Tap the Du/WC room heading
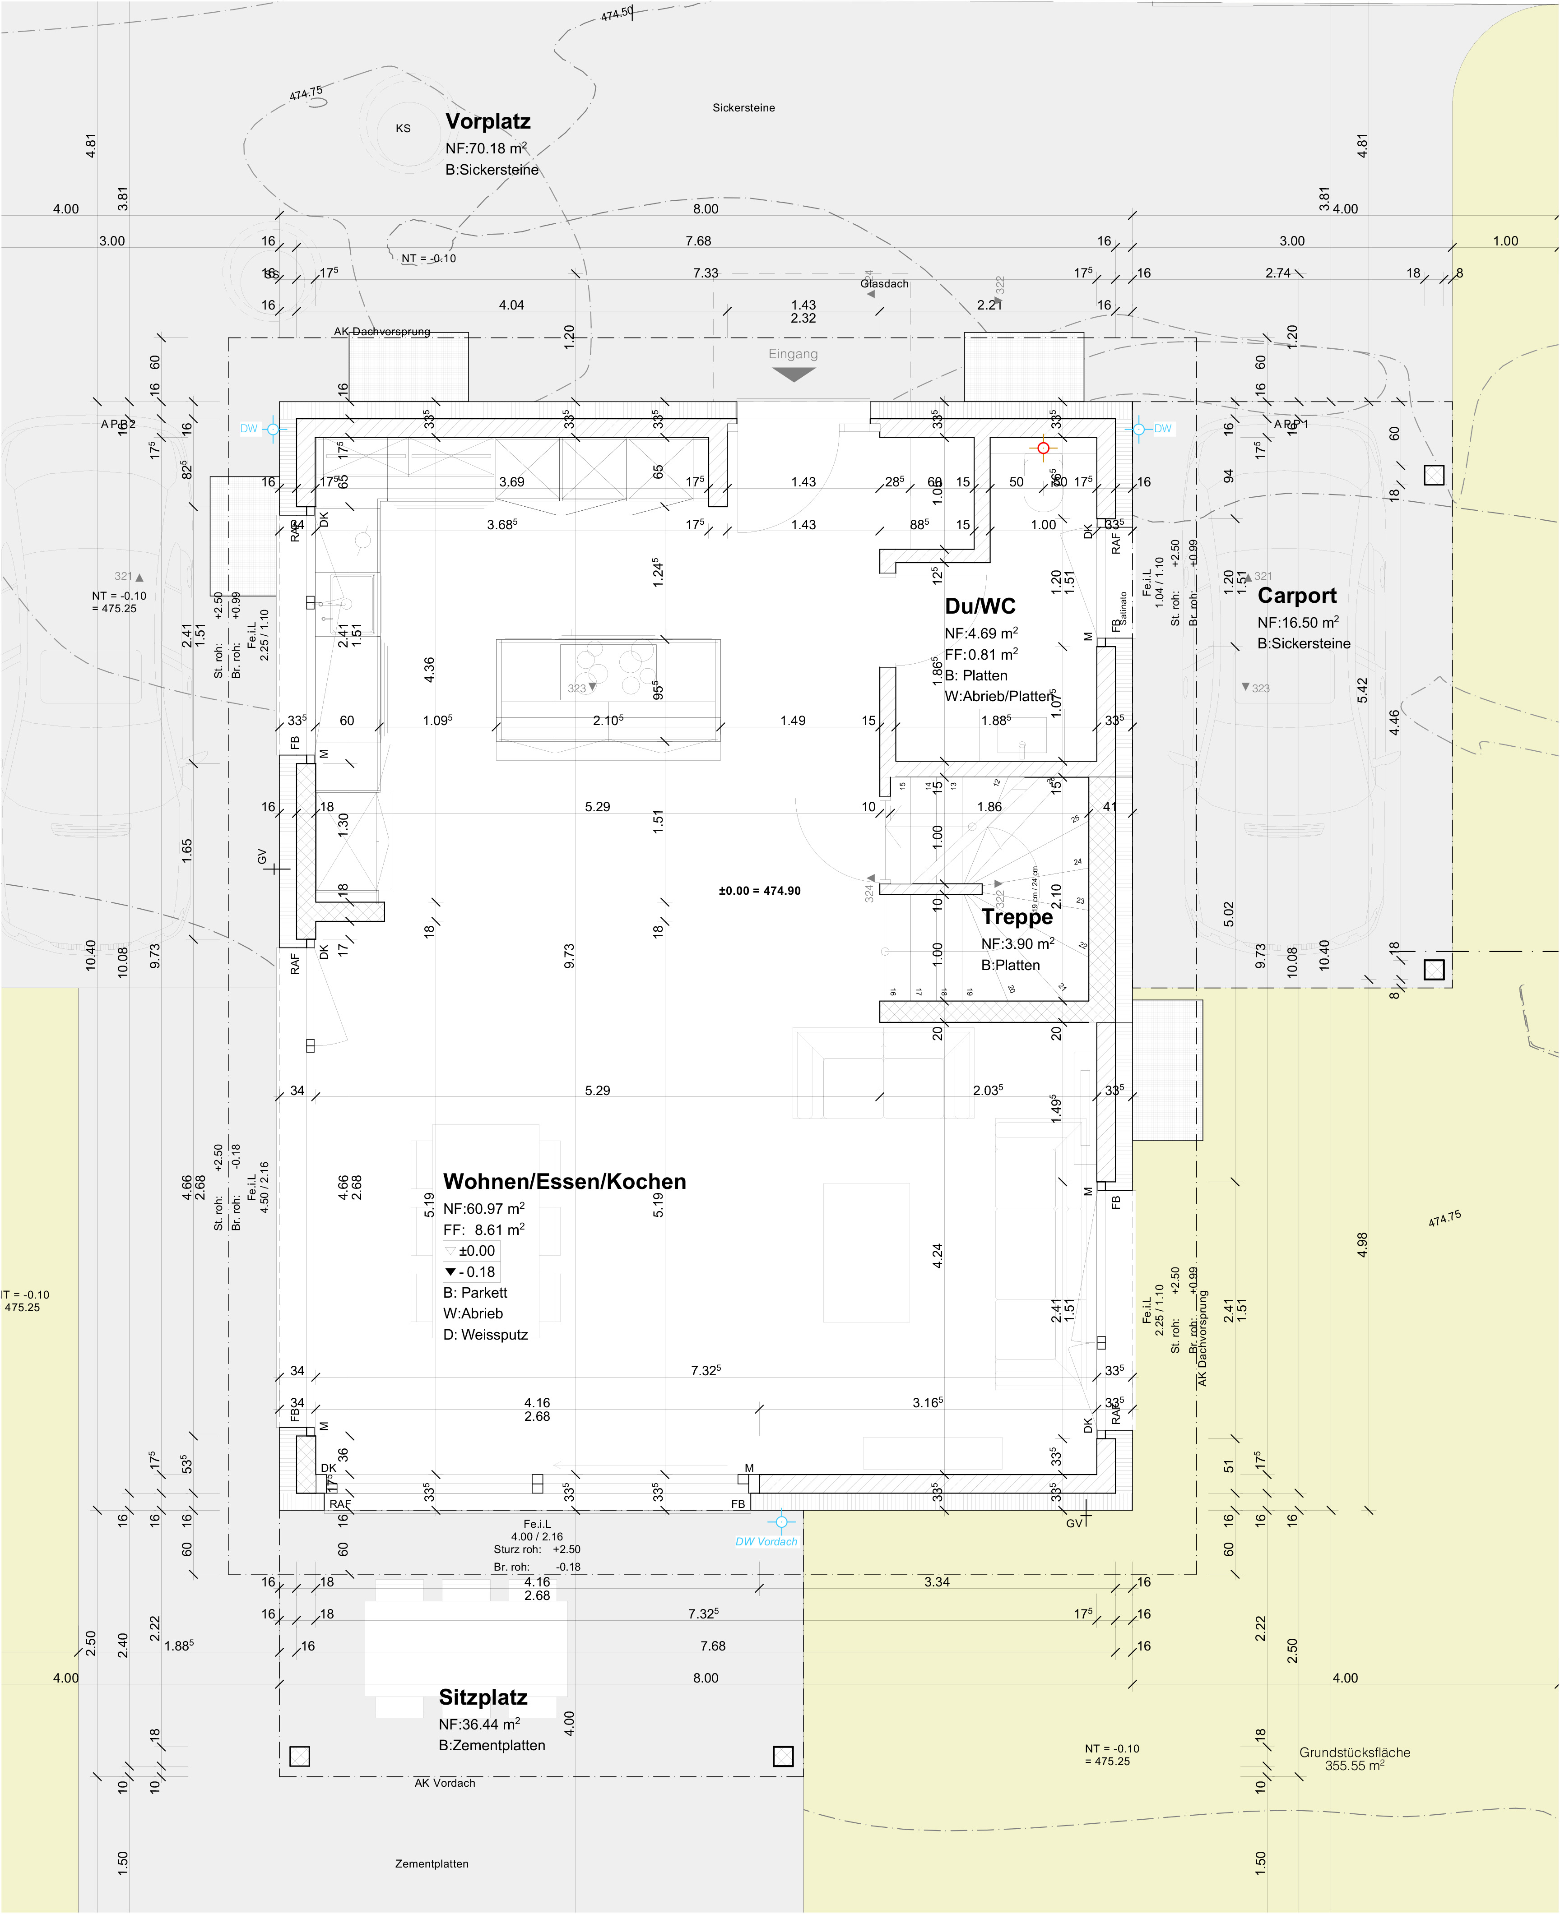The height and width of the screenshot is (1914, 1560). [980, 606]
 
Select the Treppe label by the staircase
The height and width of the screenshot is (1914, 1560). [1017, 917]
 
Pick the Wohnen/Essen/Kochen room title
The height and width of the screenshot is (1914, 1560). [564, 1182]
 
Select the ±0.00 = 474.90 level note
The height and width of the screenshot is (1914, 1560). [759, 891]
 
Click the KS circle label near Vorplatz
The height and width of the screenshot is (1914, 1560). [403, 129]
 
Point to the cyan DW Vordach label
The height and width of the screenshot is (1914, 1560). [766, 1541]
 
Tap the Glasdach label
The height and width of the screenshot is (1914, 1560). [884, 284]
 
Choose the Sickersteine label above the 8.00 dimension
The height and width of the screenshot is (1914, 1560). [743, 108]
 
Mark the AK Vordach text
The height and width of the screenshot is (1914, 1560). [445, 1783]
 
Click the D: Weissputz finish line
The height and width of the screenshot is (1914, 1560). [485, 1335]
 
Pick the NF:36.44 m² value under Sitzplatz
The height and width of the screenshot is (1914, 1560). [479, 1724]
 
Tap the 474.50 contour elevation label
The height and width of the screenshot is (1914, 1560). [617, 14]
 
